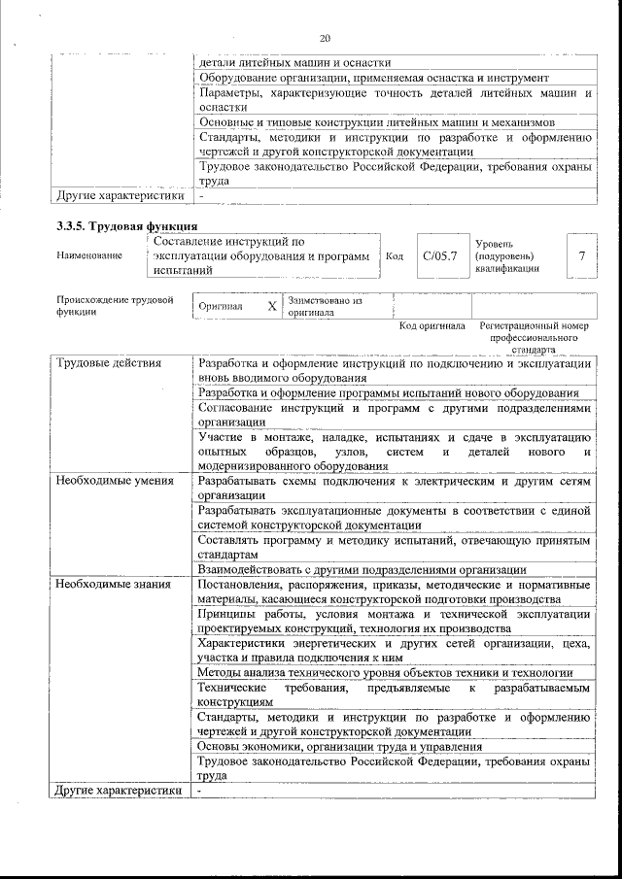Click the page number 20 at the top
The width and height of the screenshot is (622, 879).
pos(325,38)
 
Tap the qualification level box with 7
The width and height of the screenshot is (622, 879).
pos(580,255)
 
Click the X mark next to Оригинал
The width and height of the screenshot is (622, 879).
pos(272,306)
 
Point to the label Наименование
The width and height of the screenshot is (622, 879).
pos(89,255)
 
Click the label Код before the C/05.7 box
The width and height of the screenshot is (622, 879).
pos(395,255)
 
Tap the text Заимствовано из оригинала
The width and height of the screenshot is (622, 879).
pos(325,306)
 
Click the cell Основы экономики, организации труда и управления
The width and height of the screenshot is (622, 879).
pos(340,747)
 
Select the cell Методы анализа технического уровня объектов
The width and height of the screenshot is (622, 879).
pos(384,672)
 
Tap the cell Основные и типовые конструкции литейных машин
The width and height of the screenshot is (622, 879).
pos(376,122)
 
